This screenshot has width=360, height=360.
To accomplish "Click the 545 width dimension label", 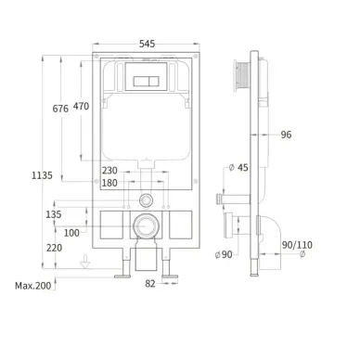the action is click(x=147, y=44).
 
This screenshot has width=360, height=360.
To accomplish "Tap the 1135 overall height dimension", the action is click(x=42, y=175).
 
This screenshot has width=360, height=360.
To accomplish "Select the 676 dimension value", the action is click(x=60, y=109).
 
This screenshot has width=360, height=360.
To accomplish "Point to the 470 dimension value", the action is click(x=81, y=107).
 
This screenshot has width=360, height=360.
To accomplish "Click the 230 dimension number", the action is click(x=109, y=171).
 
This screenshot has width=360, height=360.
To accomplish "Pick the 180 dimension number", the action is click(x=109, y=183).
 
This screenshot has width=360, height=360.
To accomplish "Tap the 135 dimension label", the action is click(x=54, y=214).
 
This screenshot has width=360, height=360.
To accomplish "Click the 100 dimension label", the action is click(x=71, y=233).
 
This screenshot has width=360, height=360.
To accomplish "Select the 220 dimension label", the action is click(x=54, y=248).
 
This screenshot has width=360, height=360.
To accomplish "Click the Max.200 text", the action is click(x=33, y=286).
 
